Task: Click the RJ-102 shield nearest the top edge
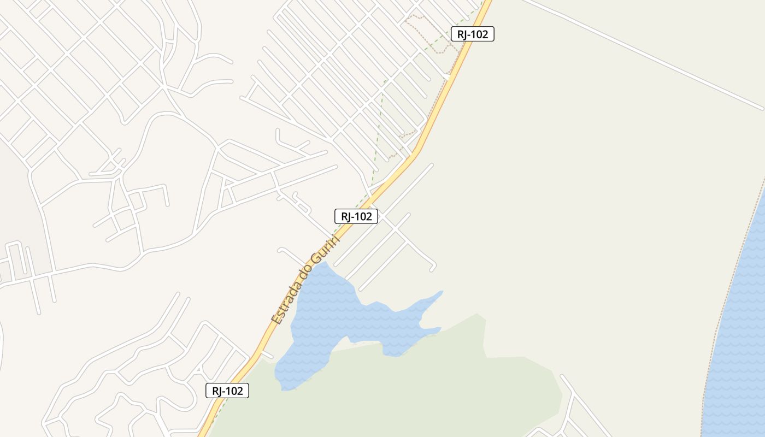[x=472, y=34]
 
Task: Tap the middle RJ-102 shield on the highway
[x=356, y=216]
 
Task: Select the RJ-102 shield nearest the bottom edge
[x=227, y=391]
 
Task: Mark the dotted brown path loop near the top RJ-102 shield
[x=432, y=33]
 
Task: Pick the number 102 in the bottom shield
[x=233, y=391]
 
